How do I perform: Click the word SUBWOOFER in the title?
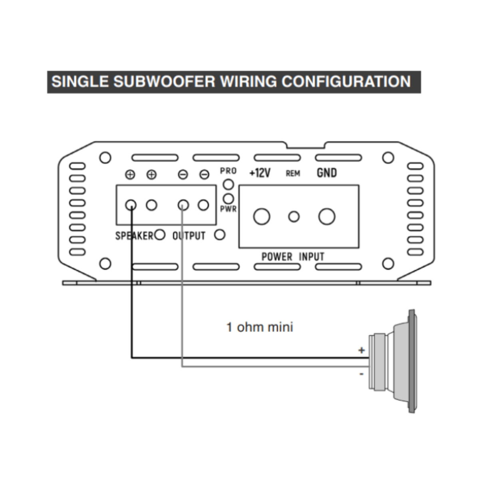[x=164, y=81]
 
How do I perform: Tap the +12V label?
[x=260, y=173]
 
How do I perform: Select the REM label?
[x=293, y=173]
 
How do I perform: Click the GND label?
[x=326, y=173]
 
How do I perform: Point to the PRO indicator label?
[x=228, y=171]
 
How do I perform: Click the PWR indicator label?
[x=228, y=209]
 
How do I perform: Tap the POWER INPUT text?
[x=293, y=256]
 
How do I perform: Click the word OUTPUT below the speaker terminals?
[x=189, y=236]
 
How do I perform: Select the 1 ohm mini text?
[x=260, y=327]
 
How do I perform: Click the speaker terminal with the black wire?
[x=131, y=205]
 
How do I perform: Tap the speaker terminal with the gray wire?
[x=183, y=205]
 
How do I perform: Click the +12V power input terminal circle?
[x=262, y=217]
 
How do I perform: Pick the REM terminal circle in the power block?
[x=294, y=217]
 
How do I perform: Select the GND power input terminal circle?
[x=327, y=217]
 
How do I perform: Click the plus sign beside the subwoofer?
[x=362, y=350]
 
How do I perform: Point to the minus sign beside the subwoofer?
[x=362, y=374]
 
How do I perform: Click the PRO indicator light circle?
[x=228, y=184]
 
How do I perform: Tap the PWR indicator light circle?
[x=228, y=199]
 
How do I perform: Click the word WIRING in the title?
[x=248, y=81]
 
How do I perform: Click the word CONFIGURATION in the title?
[x=346, y=81]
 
